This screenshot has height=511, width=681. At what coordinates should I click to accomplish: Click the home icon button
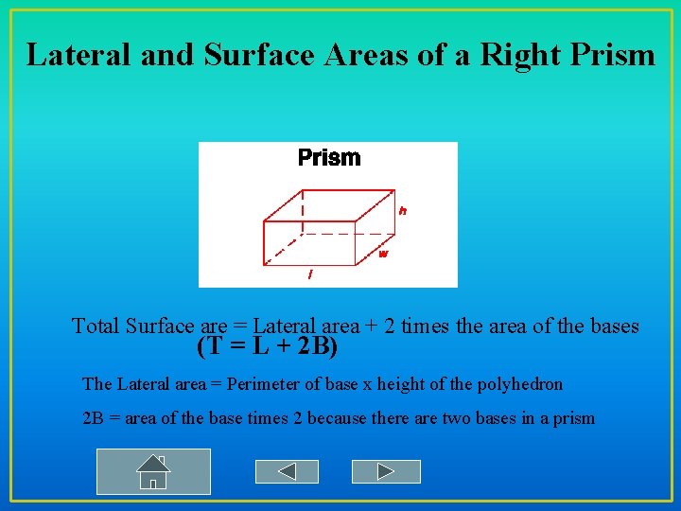point(153,471)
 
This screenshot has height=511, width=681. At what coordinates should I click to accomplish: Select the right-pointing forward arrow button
point(385,471)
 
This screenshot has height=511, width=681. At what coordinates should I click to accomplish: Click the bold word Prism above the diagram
point(329,157)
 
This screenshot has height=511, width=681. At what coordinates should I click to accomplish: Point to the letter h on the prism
point(403,211)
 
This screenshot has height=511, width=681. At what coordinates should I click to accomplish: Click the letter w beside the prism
point(383,254)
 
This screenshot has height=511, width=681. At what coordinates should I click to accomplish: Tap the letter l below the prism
point(310,274)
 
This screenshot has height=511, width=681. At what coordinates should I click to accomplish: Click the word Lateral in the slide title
point(79,54)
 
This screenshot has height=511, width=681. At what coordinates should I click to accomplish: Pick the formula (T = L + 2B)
point(268,347)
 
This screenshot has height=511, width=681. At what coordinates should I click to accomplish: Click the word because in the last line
point(340,417)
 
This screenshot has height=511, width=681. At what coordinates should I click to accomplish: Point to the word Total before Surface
point(99,326)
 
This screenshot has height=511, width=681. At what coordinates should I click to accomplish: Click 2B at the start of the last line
point(93,417)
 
